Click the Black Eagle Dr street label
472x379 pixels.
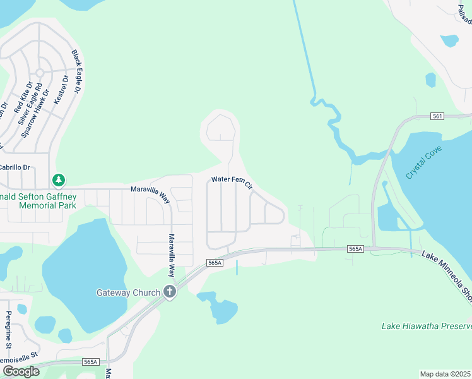pos(77,71)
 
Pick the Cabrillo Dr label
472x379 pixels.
pos(15,167)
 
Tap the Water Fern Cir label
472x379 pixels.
pos(232,182)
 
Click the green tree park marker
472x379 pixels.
pos(59,181)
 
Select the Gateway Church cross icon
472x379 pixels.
pos(169,292)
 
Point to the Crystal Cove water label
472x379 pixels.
pos(424,162)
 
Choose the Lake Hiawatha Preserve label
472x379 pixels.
pos(427,327)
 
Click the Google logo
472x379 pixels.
pos(21,371)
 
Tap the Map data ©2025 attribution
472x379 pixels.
pos(445,374)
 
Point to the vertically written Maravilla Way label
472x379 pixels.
pos(170,255)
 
